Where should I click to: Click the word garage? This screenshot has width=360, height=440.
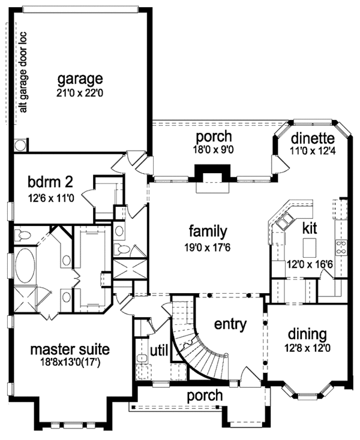point(80,79)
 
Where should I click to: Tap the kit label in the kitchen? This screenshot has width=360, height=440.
point(310,228)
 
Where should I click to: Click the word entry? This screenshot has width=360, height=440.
point(230,325)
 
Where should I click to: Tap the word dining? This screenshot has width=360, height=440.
point(307,334)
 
